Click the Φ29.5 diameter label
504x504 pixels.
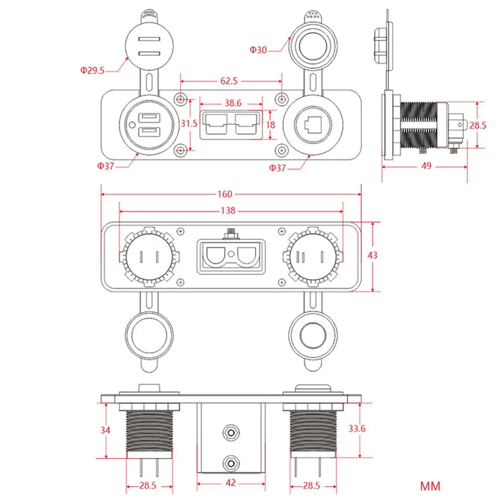click(92, 70)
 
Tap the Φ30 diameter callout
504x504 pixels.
click(258, 50)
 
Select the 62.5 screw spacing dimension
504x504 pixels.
click(229, 81)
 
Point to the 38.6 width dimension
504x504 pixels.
click(233, 103)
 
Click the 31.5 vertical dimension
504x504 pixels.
click(189, 123)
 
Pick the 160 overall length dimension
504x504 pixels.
click(225, 194)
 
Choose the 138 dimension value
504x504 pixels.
click(228, 210)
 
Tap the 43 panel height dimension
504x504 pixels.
click(372, 255)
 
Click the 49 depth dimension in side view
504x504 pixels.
click(426, 166)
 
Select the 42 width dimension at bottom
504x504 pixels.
click(231, 482)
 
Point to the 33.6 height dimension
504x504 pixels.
click(357, 428)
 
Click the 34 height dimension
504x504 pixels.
click(105, 430)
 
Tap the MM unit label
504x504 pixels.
click(430, 486)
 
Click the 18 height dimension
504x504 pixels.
click(271, 125)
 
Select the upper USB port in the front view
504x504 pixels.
click(149, 118)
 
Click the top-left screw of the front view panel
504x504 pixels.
click(181, 99)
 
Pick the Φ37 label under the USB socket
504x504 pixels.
click(105, 166)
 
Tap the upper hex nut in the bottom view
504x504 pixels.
click(231, 433)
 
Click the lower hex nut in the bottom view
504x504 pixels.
click(231, 464)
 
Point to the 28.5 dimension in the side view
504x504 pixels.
click(478, 125)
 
